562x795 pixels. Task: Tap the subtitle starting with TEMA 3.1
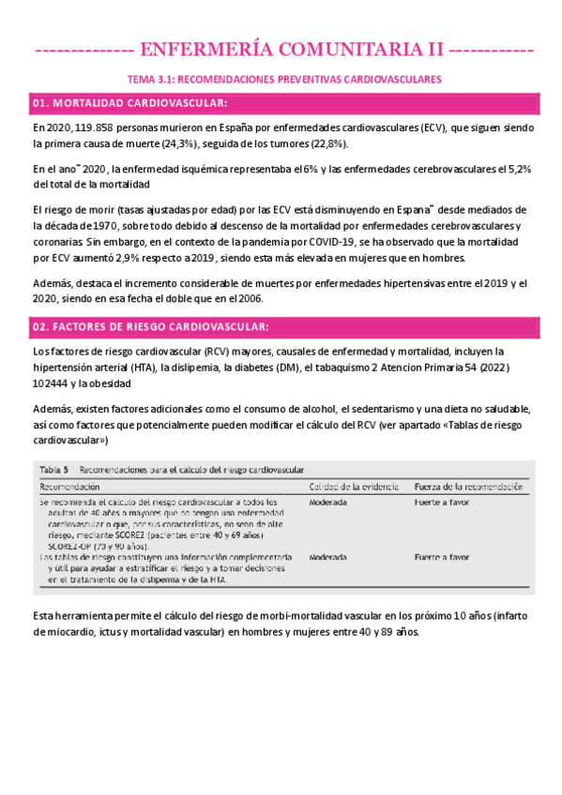(284, 80)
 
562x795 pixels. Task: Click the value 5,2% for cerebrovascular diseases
(518, 169)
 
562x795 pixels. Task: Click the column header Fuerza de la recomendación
(466, 487)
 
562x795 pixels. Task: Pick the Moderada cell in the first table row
(328, 503)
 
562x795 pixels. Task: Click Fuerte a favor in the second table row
(442, 557)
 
